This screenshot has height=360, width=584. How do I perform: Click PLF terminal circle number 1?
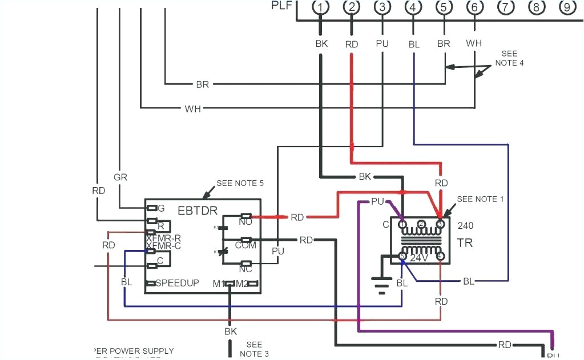322,7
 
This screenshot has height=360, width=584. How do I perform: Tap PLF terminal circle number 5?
444,7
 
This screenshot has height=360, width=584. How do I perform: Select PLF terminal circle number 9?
566,7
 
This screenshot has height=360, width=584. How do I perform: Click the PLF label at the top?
281,6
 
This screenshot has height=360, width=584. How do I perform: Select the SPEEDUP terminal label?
177,283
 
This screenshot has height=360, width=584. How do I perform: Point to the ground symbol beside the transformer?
379,284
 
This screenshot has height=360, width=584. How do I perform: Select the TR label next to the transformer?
464,243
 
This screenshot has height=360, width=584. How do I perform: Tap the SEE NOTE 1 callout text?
481,199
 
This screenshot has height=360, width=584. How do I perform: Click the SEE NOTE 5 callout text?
240,183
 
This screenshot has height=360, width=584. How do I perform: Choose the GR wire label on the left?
120,177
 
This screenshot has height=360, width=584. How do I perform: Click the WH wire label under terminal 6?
474,43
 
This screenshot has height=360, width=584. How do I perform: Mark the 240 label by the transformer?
465,225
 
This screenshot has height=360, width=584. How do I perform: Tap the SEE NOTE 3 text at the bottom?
254,349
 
